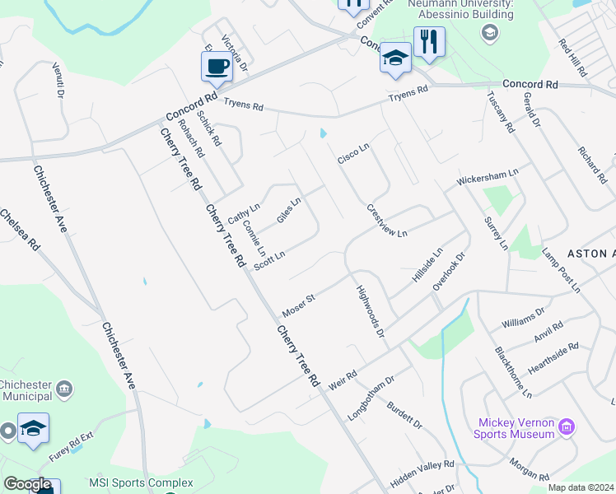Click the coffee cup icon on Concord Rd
[217, 66]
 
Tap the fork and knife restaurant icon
[428, 40]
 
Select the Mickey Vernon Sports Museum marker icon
[566, 427]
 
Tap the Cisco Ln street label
[353, 153]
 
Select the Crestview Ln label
[387, 221]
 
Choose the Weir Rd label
[342, 379]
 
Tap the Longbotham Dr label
[372, 398]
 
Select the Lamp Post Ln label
[561, 271]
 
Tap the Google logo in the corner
[26, 484]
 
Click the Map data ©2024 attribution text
[581, 487]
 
